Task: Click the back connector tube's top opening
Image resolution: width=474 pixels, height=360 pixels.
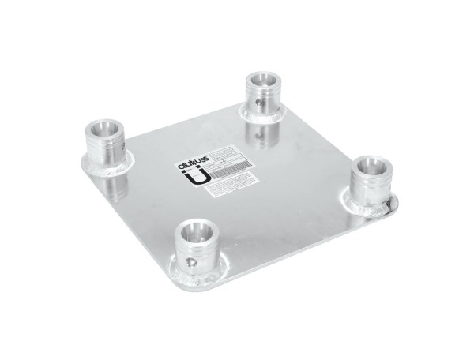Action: tap(260, 80)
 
